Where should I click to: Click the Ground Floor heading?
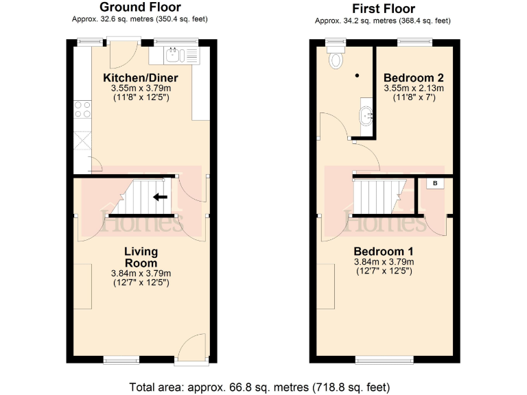pyautogui.click(x=140, y=8)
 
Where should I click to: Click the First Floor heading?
pyautogui.click(x=384, y=9)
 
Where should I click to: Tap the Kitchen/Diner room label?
pyautogui.click(x=140, y=77)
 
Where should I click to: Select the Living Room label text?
pyautogui.click(x=141, y=257)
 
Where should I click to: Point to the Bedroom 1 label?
pyautogui.click(x=384, y=251)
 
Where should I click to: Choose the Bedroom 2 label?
pyautogui.click(x=414, y=76)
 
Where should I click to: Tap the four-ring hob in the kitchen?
pyautogui.click(x=82, y=108)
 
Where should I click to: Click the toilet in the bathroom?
pyautogui.click(x=336, y=59)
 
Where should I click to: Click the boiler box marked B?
pyautogui.click(x=434, y=183)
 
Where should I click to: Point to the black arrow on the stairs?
pyautogui.click(x=160, y=197)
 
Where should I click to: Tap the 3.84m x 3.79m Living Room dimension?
pyautogui.click(x=141, y=274)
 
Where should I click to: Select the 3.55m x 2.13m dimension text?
pyautogui.click(x=414, y=88)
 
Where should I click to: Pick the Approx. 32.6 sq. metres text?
pyautogui.click(x=140, y=19)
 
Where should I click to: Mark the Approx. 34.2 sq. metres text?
pyautogui.click(x=384, y=21)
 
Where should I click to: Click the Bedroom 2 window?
pyautogui.click(x=414, y=43)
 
